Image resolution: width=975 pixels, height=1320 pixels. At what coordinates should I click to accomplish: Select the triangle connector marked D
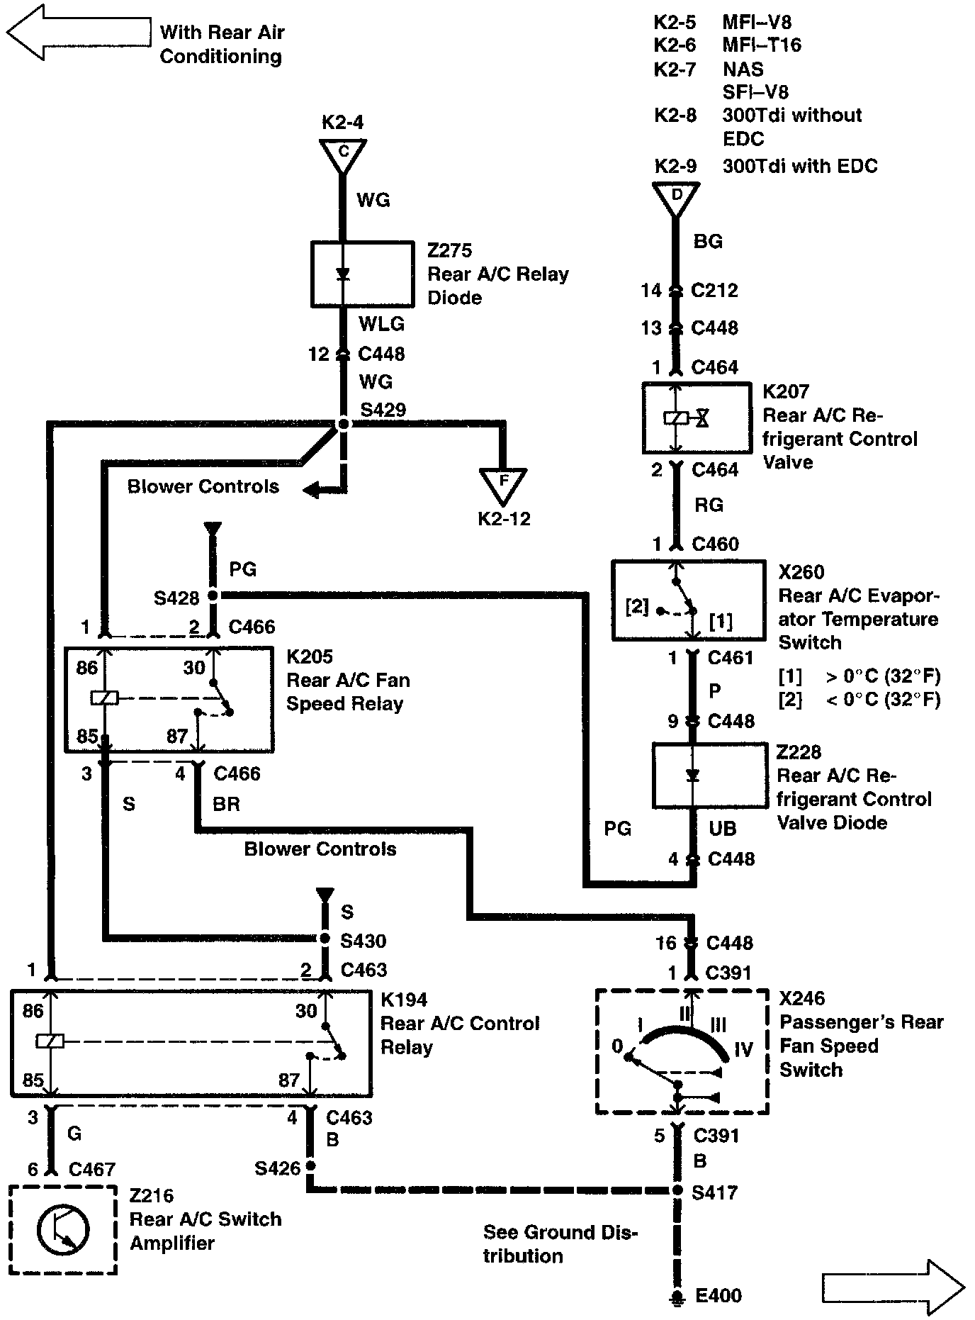pos(677,197)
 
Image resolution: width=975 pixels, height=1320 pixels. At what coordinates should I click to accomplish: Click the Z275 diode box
pos(363,274)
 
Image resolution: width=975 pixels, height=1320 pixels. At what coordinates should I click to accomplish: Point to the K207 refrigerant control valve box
pos(697,418)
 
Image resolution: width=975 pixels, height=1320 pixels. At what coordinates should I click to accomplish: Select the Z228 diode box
pos(709,775)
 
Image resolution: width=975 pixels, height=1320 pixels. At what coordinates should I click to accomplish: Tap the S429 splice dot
pos(344,424)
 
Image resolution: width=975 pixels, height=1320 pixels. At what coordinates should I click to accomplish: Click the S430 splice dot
pos(325,939)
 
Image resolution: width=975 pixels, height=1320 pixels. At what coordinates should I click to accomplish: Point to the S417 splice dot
pos(677,1190)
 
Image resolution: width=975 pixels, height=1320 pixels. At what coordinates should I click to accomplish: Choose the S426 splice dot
pos(310,1166)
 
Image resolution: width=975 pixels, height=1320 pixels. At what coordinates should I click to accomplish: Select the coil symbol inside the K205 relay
pos(104,698)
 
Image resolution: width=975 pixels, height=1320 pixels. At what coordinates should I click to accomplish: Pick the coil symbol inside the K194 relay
pos(50,1041)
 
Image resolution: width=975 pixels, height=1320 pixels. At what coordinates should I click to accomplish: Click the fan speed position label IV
pos(743,1048)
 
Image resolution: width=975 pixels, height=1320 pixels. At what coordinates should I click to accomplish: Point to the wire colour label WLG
pos(381,324)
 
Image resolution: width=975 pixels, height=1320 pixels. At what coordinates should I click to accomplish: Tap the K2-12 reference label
pos(504,519)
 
